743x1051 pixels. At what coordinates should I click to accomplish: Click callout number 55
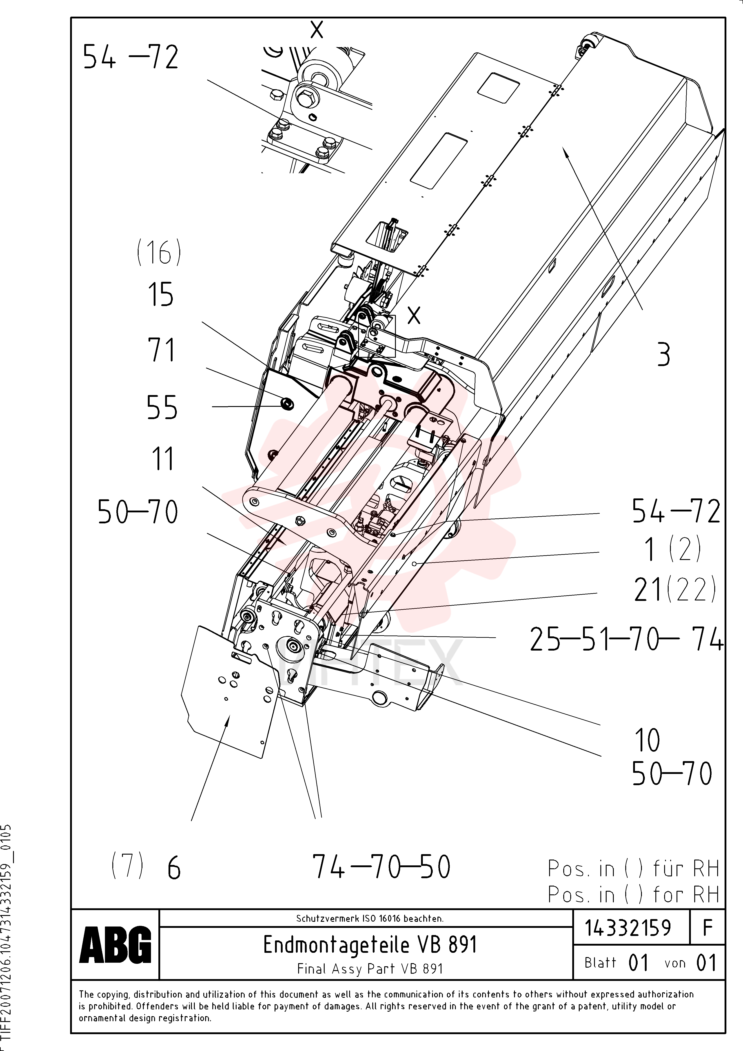pos(162,407)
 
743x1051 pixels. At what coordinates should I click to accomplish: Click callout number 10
pos(647,740)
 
